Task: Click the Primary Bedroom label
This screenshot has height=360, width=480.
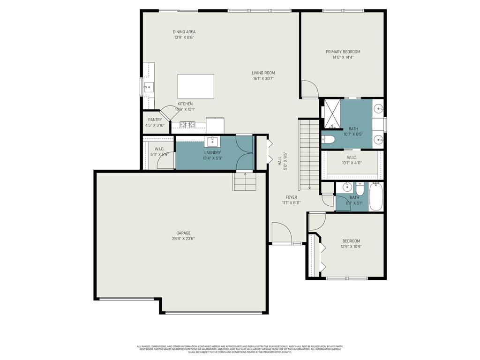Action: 343,52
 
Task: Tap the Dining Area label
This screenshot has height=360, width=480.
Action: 184,32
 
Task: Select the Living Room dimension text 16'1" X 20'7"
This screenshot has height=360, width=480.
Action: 263,79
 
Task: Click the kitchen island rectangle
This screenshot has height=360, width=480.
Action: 195,86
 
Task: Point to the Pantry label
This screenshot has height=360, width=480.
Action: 155,120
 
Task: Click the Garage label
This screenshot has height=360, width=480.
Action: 183,233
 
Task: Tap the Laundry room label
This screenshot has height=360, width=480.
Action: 212,153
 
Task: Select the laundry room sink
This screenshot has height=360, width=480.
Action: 212,141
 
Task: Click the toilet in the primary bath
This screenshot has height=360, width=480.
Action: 328,139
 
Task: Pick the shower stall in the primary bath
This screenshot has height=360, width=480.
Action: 332,113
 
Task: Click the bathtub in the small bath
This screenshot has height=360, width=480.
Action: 376,197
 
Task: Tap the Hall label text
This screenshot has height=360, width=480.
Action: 280,161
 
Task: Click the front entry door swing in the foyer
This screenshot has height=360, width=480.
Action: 281,232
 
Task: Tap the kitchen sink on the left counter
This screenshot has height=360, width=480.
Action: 149,87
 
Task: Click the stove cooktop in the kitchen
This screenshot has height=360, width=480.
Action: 188,125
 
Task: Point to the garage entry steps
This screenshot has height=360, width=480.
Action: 245,181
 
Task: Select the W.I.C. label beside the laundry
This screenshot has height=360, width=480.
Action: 159,149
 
